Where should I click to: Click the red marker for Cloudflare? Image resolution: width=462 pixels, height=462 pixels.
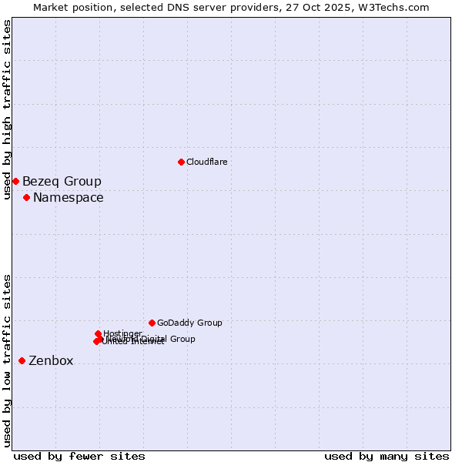click(x=181, y=162)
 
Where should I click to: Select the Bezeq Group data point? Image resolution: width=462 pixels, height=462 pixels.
click(x=15, y=181)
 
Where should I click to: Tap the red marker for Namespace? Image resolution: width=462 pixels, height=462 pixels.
click(x=26, y=198)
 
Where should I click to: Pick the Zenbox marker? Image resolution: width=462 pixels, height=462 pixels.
click(x=22, y=360)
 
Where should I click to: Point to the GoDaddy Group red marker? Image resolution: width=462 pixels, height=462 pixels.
click(x=152, y=323)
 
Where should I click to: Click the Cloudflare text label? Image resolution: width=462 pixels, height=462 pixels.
click(x=206, y=162)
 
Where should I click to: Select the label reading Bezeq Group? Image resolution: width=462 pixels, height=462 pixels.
click(x=62, y=182)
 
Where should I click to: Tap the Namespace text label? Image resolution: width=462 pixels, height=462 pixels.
click(x=68, y=198)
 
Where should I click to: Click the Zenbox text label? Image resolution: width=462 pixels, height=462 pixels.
click(x=51, y=361)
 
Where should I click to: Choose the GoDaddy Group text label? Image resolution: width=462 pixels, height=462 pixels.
click(x=189, y=323)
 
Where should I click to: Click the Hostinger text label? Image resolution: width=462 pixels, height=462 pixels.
click(x=122, y=333)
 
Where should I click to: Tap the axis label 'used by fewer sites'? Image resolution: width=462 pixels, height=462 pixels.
click(x=79, y=456)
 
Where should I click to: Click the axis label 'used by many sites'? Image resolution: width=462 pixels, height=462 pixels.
click(x=387, y=456)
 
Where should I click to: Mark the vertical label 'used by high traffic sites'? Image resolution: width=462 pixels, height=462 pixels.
click(x=7, y=109)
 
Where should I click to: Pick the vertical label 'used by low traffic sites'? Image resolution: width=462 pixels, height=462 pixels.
click(x=7, y=360)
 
